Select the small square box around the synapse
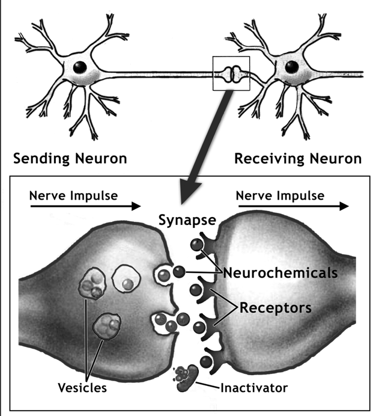[x=231, y=74]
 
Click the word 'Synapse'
[x=187, y=220]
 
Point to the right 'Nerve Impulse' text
[x=280, y=195]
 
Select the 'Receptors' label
[x=276, y=308]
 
